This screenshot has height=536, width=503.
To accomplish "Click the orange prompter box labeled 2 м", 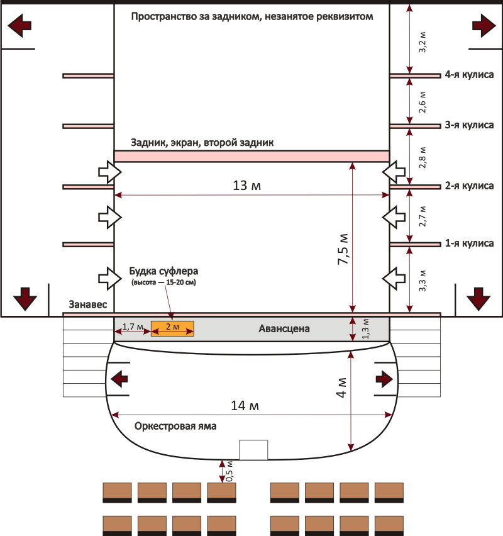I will (x=172, y=328).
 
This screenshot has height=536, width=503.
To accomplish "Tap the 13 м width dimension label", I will (x=247, y=187).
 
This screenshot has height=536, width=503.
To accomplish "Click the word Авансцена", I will (x=284, y=328).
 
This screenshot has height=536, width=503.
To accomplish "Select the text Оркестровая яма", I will (x=175, y=426).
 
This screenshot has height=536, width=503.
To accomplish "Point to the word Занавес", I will (x=87, y=304).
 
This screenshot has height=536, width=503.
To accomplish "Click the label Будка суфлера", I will (x=163, y=272).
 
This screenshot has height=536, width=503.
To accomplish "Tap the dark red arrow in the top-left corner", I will (x=19, y=25).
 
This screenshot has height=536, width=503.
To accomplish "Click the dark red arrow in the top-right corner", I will (x=482, y=25).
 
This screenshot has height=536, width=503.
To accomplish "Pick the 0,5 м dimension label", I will (x=229, y=472).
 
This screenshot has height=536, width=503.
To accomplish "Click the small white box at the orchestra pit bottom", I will (x=253, y=450).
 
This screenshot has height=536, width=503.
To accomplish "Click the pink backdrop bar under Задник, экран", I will (x=251, y=156).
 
